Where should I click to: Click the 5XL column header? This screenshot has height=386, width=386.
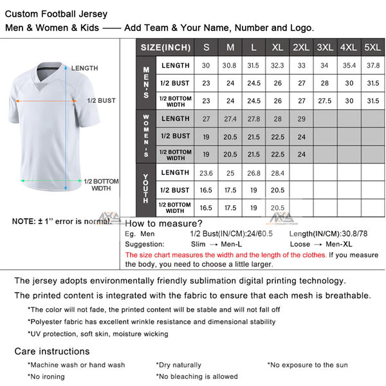(x=372, y=47)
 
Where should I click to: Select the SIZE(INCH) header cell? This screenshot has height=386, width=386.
(x=165, y=47)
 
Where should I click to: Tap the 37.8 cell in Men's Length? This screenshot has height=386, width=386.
(x=372, y=65)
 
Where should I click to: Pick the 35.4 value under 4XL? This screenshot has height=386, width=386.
(x=348, y=65)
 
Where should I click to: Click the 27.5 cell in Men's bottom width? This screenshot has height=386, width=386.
(x=324, y=100)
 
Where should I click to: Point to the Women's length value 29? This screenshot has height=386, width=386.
(x=301, y=119)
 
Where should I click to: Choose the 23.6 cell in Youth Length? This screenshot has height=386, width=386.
(x=206, y=173)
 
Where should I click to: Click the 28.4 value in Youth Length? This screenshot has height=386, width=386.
(x=277, y=173)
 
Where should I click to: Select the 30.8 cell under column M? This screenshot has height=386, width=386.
(x=230, y=65)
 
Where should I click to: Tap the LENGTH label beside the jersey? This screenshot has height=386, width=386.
(x=85, y=68)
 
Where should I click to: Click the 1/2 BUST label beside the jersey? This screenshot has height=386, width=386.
(x=102, y=100)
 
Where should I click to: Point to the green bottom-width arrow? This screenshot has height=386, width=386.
(x=49, y=181)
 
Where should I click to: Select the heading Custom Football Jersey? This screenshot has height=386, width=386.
(x=57, y=14)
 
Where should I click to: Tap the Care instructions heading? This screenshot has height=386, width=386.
(x=52, y=351)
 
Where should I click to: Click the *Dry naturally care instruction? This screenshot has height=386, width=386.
(x=178, y=365)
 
